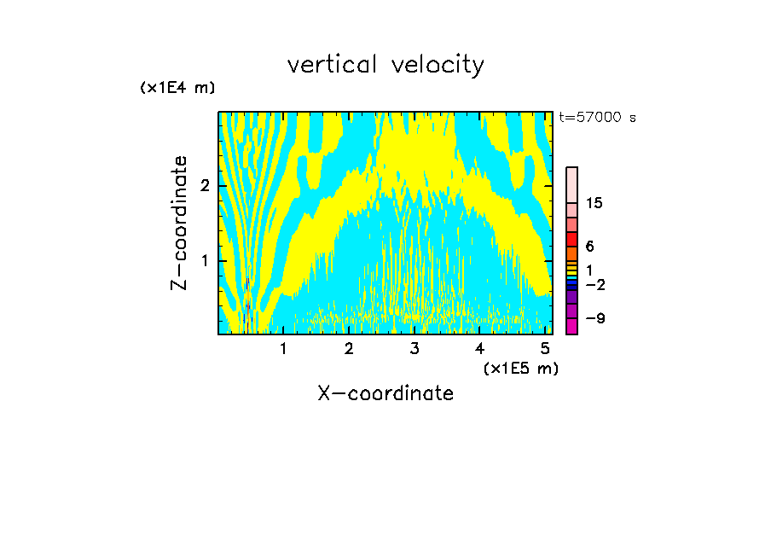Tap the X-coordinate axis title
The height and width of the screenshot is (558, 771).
click(x=385, y=393)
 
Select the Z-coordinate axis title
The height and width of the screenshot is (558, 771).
click(x=179, y=223)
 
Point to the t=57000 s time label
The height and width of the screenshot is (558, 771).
click(x=597, y=118)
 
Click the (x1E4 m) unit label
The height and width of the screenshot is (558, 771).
click(x=177, y=88)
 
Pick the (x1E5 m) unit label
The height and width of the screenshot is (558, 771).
click(x=520, y=368)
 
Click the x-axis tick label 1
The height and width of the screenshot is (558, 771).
click(x=284, y=348)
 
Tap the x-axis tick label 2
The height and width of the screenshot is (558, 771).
click(x=349, y=348)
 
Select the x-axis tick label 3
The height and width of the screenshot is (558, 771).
click(x=414, y=348)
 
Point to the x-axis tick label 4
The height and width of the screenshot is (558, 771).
click(x=479, y=348)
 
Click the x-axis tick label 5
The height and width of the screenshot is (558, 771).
click(x=545, y=348)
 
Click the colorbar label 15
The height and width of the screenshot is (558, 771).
click(x=594, y=203)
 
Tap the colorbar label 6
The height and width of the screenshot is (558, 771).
click(x=589, y=246)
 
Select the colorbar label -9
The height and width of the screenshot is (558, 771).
click(x=594, y=318)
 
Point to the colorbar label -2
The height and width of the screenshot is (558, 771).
click(x=594, y=284)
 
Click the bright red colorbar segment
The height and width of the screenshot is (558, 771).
click(x=572, y=239)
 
